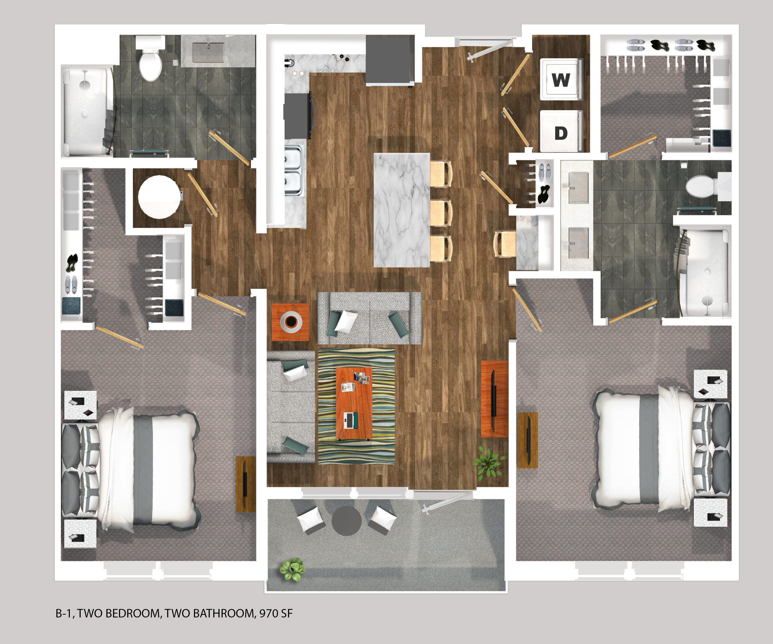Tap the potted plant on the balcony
pos(292,569)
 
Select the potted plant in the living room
pos(489,463)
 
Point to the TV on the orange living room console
pos(494,397)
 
